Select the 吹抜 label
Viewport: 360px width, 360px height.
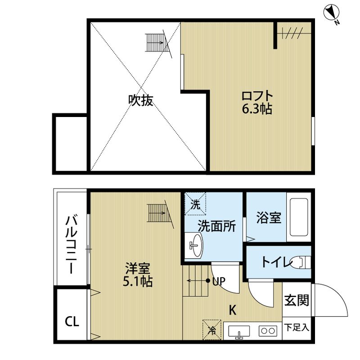click(x=140, y=100)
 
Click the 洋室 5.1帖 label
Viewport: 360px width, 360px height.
click(x=138, y=274)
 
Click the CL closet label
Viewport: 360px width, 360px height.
click(x=72, y=321)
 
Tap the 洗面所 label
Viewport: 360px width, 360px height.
click(x=217, y=226)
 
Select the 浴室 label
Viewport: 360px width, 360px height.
click(x=269, y=218)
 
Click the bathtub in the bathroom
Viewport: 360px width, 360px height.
click(x=299, y=217)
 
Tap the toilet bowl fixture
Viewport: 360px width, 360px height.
click(x=301, y=262)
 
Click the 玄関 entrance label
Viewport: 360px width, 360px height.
click(x=297, y=300)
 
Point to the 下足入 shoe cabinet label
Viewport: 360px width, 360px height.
click(x=297, y=328)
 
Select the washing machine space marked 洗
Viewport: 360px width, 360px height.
click(x=195, y=204)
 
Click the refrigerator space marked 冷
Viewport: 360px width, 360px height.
click(x=212, y=330)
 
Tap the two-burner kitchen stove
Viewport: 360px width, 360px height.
click(x=268, y=331)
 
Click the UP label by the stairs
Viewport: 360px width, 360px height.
click(x=219, y=281)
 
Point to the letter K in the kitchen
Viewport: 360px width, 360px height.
click(x=233, y=310)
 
